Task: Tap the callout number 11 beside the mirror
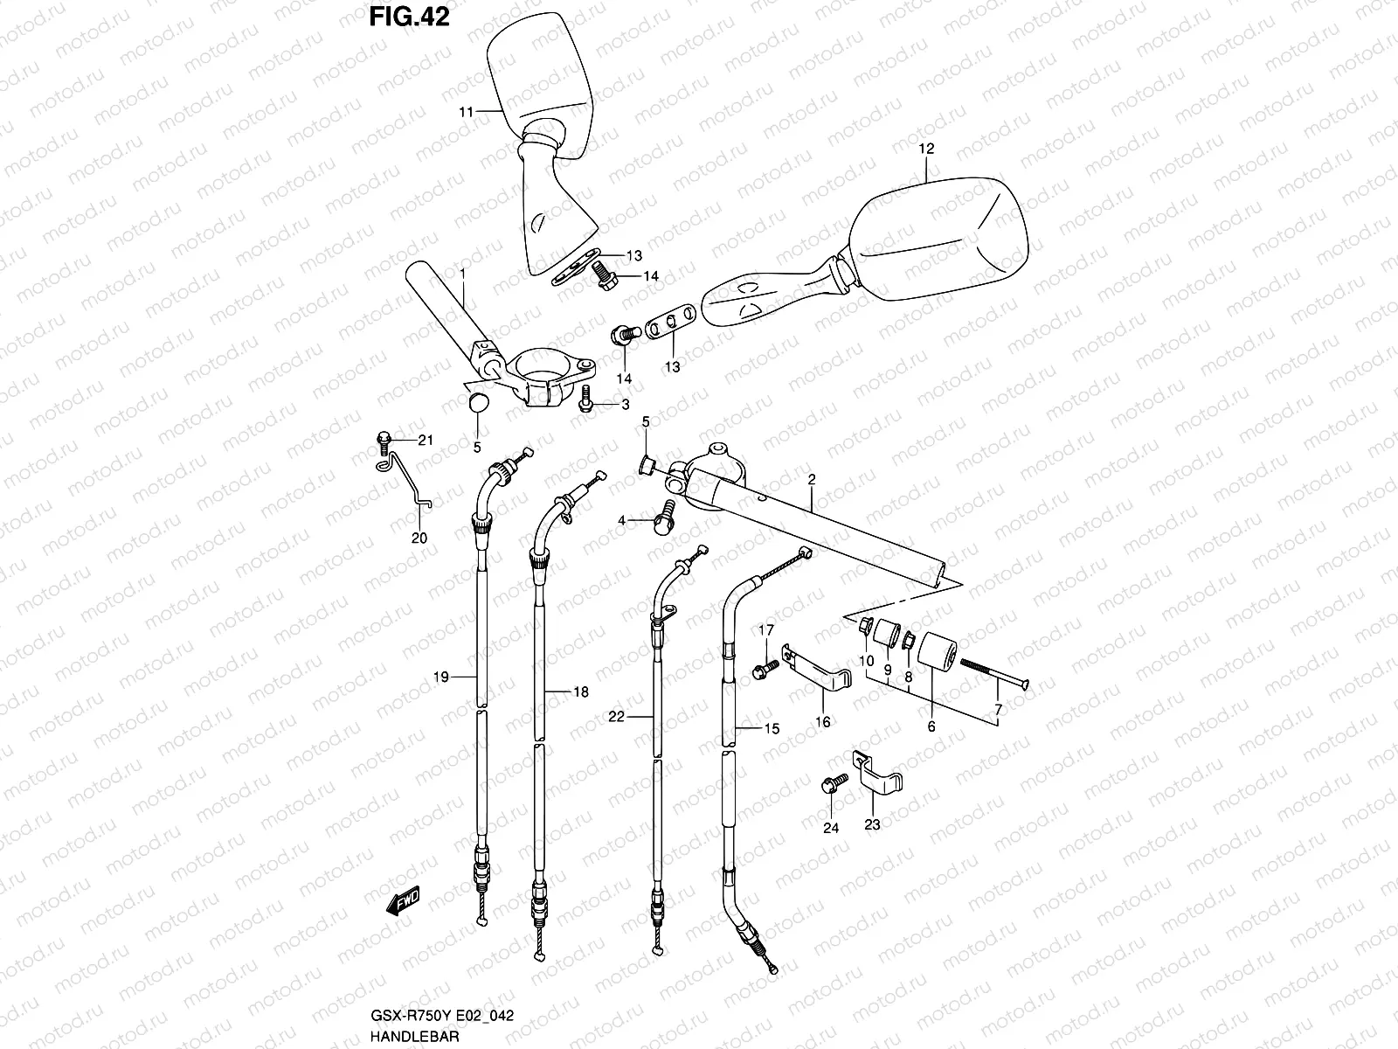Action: point(466,112)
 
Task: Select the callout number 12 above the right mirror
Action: point(926,149)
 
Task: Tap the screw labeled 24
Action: point(832,782)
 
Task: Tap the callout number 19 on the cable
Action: point(440,676)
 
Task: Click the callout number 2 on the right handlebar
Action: point(812,479)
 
